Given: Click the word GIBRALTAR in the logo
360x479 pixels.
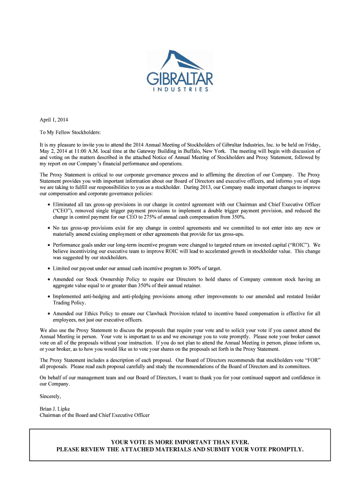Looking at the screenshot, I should [x=180, y=78].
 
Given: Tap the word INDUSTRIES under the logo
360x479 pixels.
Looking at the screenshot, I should [x=180, y=89].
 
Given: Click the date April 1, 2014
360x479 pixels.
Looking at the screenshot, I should [x=54, y=120].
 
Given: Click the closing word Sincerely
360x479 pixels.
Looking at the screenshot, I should [x=50, y=396].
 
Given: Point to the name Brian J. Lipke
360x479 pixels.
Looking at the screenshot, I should [x=55, y=409].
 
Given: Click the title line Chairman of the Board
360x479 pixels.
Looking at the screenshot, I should [x=94, y=415].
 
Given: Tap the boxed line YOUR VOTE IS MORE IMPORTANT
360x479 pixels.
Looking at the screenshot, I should [x=180, y=442].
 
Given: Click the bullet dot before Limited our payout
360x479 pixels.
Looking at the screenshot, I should [x=49, y=268].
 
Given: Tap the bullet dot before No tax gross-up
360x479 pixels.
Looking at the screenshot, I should [x=49, y=228].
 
